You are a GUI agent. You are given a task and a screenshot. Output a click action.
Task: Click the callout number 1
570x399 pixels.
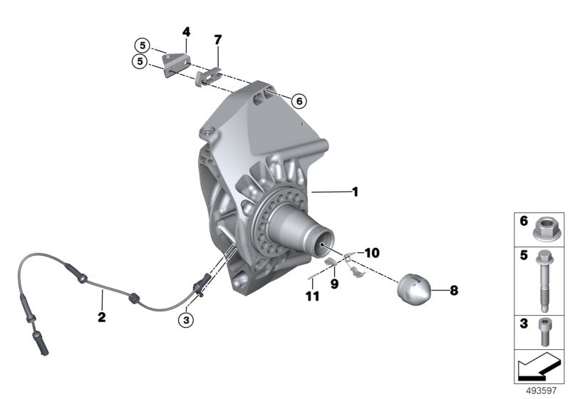pyautogui.click(x=354, y=192)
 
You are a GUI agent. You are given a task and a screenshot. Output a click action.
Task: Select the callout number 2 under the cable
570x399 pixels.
pyautogui.click(x=102, y=317)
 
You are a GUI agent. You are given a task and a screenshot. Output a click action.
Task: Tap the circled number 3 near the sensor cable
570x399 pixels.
pyautogui.click(x=186, y=320)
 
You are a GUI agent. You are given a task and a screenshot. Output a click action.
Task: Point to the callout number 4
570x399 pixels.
pyautogui.click(x=187, y=32)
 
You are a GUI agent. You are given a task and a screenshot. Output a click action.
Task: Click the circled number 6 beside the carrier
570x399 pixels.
pyautogui.click(x=299, y=101)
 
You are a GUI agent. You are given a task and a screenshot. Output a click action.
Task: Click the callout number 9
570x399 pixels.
pyautogui.click(x=333, y=283)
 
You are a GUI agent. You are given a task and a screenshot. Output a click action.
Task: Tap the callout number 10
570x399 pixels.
pyautogui.click(x=373, y=253)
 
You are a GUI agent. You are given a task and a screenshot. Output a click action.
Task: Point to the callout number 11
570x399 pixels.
pyautogui.click(x=310, y=295)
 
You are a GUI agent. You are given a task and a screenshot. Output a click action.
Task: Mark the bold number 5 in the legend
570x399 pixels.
pyautogui.click(x=523, y=254)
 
